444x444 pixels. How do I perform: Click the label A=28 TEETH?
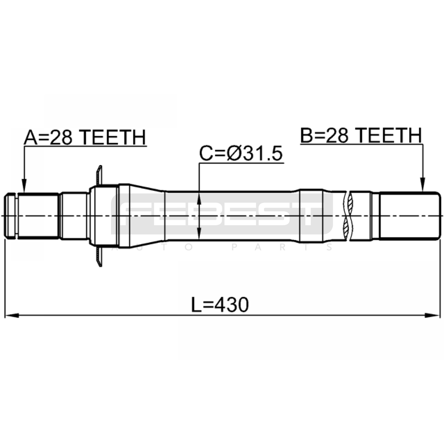pyautogui.click(x=85, y=137)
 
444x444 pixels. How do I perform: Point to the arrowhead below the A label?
pyautogui.click(x=24, y=186)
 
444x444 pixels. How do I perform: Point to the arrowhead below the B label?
pyautogui.click(x=423, y=185)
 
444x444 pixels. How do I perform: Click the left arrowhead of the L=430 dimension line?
pyautogui.click(x=12, y=316)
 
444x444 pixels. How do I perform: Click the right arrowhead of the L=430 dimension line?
pyautogui.click(x=433, y=316)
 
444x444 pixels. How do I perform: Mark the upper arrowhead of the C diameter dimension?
pyautogui.click(x=199, y=198)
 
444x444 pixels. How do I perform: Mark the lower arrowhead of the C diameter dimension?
pyautogui.click(x=199, y=233)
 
